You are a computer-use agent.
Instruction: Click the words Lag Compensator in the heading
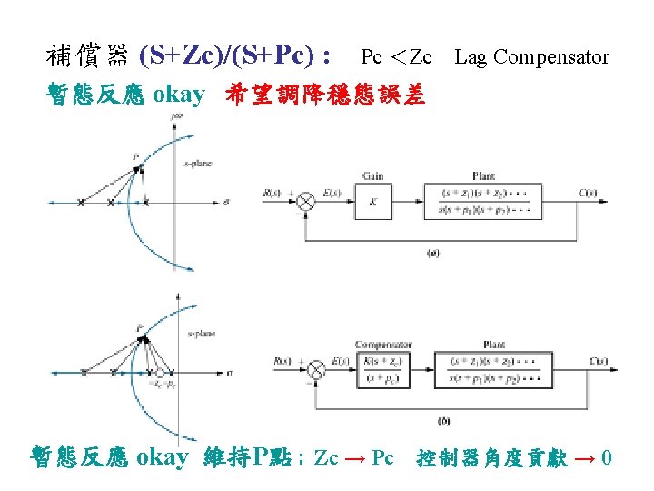point(531,58)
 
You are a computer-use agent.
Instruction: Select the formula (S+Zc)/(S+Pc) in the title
point(234,57)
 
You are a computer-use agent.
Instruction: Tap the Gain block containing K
point(372,202)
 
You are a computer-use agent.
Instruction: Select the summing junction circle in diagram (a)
point(307,202)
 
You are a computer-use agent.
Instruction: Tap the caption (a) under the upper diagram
point(434,253)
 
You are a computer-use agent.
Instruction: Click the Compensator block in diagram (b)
point(382,371)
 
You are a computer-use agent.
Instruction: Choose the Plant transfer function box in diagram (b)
point(496,371)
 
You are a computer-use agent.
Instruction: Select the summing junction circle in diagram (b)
point(315,371)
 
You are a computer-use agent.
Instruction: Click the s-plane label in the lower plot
point(200,335)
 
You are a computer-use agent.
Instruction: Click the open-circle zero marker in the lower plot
point(159,373)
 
